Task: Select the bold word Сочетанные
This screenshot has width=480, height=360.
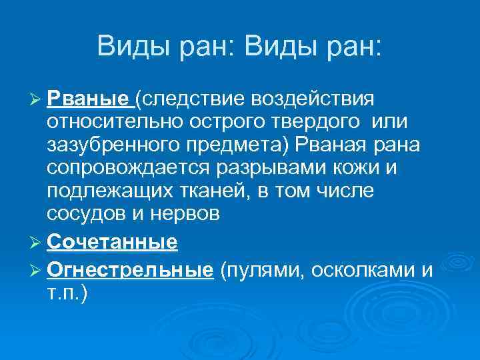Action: click(113, 241)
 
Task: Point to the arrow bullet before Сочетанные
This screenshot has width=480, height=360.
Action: click(37, 242)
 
